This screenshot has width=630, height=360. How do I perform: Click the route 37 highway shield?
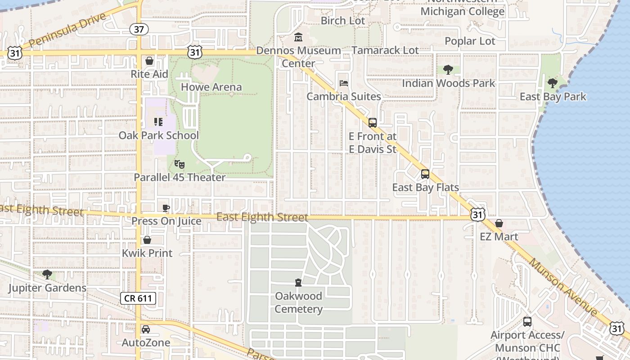click(139, 29)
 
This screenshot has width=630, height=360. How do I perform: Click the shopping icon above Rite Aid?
click(149, 61)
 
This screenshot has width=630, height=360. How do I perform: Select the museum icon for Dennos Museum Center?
click(298, 37)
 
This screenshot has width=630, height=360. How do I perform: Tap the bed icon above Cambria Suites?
click(343, 83)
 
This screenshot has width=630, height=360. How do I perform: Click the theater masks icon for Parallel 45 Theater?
click(179, 164)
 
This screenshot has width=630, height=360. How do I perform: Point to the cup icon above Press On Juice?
click(166, 208)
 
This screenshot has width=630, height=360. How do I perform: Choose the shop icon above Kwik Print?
click(147, 240)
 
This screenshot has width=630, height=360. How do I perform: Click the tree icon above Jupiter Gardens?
click(47, 274)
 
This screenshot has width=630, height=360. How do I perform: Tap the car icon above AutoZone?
click(146, 329)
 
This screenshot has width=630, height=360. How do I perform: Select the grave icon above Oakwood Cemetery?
click(298, 283)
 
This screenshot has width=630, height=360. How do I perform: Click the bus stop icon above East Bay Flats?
click(425, 174)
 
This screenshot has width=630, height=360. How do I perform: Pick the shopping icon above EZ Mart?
click(499, 223)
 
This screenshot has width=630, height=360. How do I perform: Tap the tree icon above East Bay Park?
click(553, 83)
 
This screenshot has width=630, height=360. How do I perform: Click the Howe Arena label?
click(211, 87)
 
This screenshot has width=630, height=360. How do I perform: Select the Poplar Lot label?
click(470, 41)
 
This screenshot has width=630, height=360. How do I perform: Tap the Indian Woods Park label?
click(448, 83)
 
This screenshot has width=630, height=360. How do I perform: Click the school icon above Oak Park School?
click(158, 121)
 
